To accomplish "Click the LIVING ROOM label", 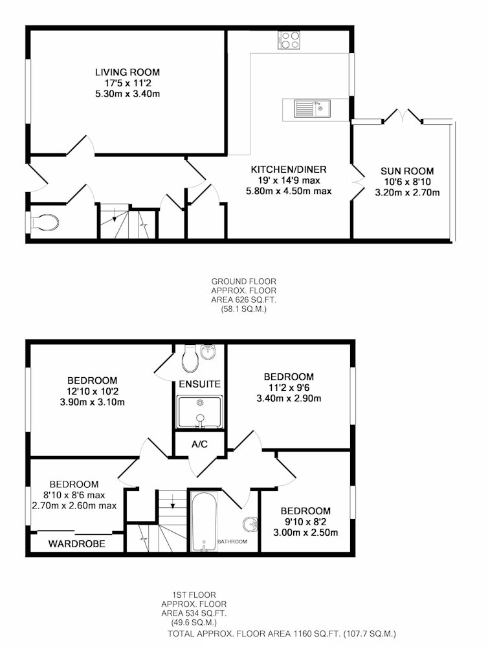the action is (127, 72).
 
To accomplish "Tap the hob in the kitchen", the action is (289, 40).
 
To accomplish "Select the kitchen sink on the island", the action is (312, 109).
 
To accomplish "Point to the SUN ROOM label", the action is (407, 171).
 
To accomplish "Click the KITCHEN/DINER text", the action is (289, 170).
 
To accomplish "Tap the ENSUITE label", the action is (199, 384).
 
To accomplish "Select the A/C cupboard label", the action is (199, 444).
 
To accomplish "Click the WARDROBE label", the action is (77, 544).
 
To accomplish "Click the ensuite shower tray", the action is (199, 412).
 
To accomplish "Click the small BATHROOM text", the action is (232, 542).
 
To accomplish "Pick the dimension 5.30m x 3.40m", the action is (127, 94).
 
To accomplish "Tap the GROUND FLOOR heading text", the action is (243, 281).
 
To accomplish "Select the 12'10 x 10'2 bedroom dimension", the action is (93, 391).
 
